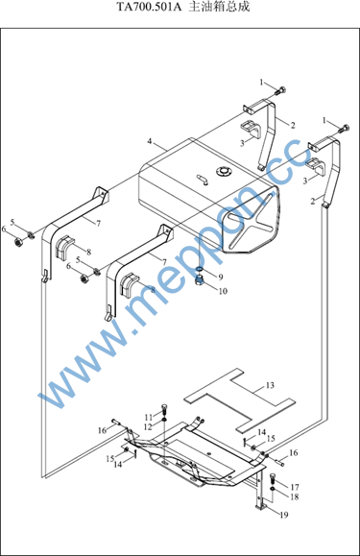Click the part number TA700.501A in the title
(149, 7)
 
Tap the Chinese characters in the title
(219, 7)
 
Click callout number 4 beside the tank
(150, 141)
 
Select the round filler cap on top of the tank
(224, 171)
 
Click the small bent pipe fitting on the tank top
(203, 179)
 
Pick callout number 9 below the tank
(221, 277)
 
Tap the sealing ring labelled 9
(199, 271)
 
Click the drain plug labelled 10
(201, 279)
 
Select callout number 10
(223, 291)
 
